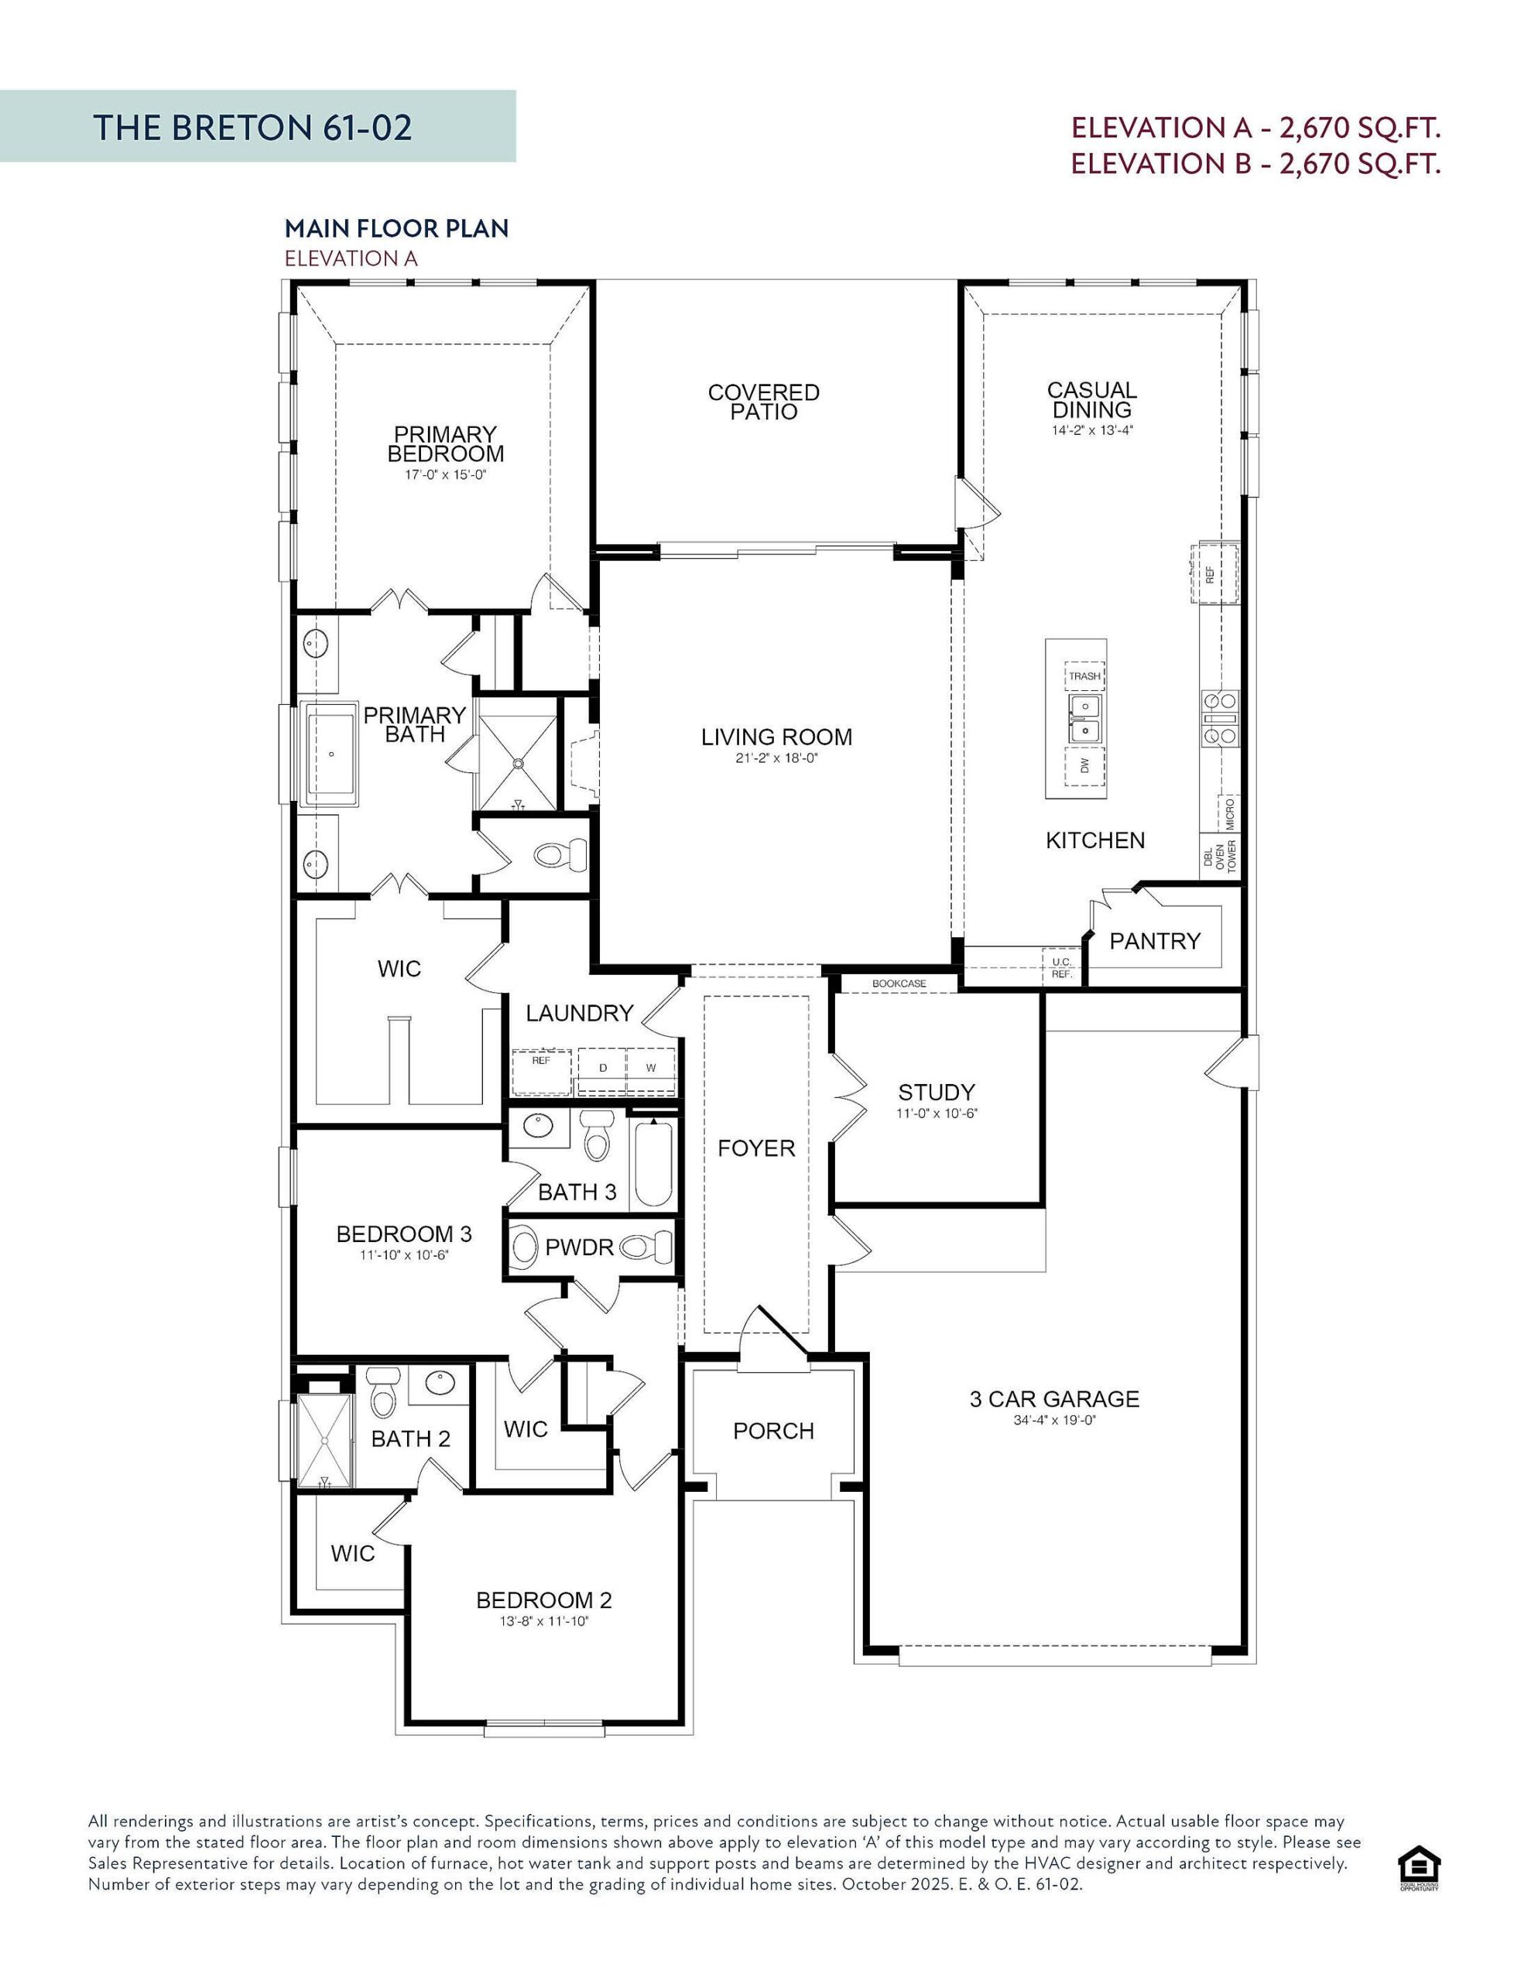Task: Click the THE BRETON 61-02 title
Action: [x=252, y=127]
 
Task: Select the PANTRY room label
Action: [x=1154, y=941]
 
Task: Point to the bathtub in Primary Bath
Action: [x=333, y=754]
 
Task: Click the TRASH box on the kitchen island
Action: [x=1084, y=676]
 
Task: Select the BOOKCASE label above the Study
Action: [x=899, y=984]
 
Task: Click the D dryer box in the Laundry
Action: [x=603, y=1068]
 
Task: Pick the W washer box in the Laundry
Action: [x=651, y=1068]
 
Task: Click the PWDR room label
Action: [x=579, y=1247]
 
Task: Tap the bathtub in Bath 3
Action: [x=652, y=1164]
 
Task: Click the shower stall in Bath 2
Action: [x=324, y=1442]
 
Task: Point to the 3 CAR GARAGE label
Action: [x=1053, y=1398]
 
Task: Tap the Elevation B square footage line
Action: [x=1255, y=163]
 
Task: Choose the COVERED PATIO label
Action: [x=763, y=402]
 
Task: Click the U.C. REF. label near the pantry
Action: [x=1061, y=967]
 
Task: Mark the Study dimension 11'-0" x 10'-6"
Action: [x=936, y=1113]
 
